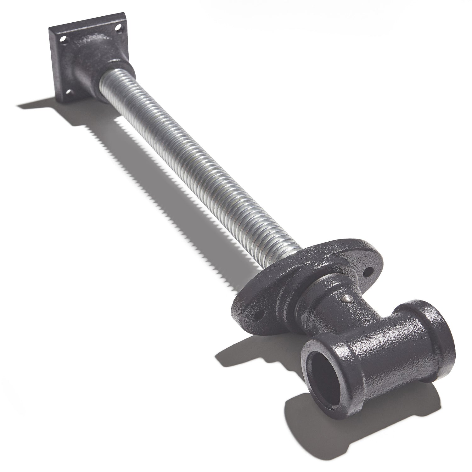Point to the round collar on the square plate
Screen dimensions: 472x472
coord(113,68)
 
